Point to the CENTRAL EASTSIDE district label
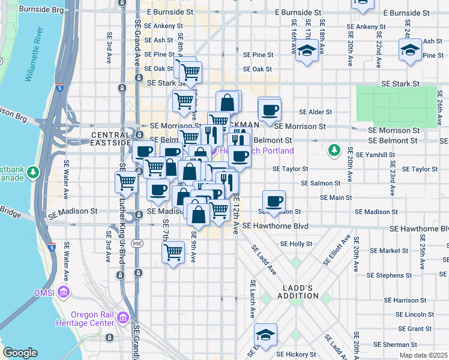tap(110, 139)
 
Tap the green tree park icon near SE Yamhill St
tap(334, 149)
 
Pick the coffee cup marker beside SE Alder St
tap(270, 109)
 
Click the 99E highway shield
tap(138, 244)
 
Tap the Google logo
tap(20, 353)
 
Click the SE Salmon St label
tap(321, 183)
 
